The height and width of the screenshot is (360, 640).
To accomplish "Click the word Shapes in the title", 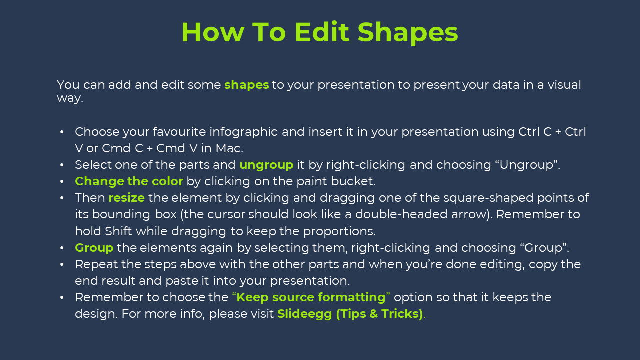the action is [408, 33].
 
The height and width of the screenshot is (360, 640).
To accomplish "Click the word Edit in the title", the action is [322, 32].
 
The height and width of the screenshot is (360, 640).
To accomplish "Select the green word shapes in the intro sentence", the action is [247, 85].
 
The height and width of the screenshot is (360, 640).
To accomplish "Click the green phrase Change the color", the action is [129, 181].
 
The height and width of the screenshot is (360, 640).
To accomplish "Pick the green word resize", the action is [127, 198].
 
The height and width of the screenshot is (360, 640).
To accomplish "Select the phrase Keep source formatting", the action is [311, 298].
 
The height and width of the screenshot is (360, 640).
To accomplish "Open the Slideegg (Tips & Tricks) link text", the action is [350, 314].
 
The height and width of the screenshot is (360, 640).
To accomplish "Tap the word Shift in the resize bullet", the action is [118, 231].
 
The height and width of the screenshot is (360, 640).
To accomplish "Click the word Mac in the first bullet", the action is [228, 148].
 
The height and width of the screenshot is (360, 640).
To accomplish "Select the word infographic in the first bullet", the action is [243, 132].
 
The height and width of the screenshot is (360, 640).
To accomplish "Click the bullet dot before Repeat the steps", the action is [62, 265].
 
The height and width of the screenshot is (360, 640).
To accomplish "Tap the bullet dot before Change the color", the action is [62, 182].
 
